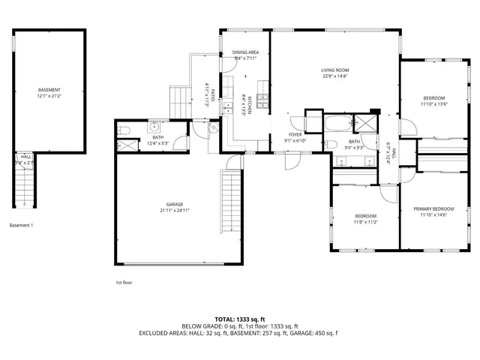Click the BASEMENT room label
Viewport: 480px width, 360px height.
(x=49, y=90)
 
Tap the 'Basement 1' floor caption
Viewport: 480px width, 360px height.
(x=21, y=225)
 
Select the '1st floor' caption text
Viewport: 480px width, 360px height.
(x=124, y=282)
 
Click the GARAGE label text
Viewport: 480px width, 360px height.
(x=175, y=204)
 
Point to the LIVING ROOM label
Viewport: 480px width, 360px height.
(x=334, y=70)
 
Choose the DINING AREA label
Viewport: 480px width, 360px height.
(x=245, y=52)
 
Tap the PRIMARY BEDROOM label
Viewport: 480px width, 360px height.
(x=433, y=209)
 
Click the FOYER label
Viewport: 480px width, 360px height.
(x=295, y=135)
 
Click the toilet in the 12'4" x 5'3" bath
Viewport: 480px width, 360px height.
(x=126, y=132)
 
